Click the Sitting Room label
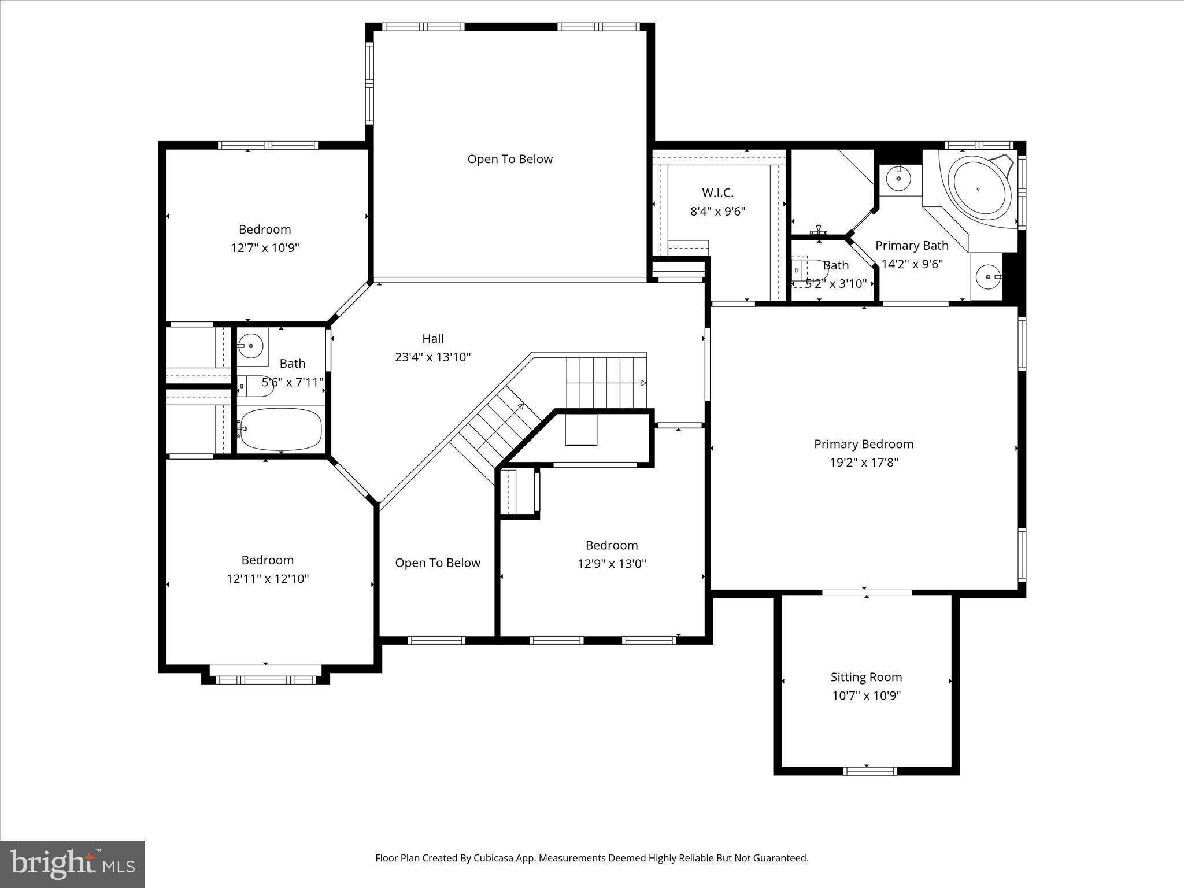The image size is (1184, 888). pos(865,677)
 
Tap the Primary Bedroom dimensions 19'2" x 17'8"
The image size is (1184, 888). pos(864,462)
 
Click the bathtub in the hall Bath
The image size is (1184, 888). pos(280,430)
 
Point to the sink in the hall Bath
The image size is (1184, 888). pos(251,346)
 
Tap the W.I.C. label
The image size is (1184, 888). pos(717,193)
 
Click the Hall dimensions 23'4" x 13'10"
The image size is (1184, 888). pos(432,357)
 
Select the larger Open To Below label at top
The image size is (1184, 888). pos(510,159)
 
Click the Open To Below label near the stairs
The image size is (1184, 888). pos(438,563)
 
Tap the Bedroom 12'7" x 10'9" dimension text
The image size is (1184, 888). pos(265,248)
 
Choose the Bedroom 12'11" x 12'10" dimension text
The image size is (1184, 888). pos(267,579)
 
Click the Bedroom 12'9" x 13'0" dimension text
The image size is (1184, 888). pos(612,564)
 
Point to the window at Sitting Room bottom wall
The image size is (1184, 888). pos(869,771)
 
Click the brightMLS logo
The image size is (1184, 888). pos(72,864)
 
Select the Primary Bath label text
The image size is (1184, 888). pos(912,246)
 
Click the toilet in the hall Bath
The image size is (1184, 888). pos(256,386)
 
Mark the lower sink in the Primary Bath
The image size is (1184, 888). pos(988,277)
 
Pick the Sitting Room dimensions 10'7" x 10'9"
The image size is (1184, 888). pos(866,695)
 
